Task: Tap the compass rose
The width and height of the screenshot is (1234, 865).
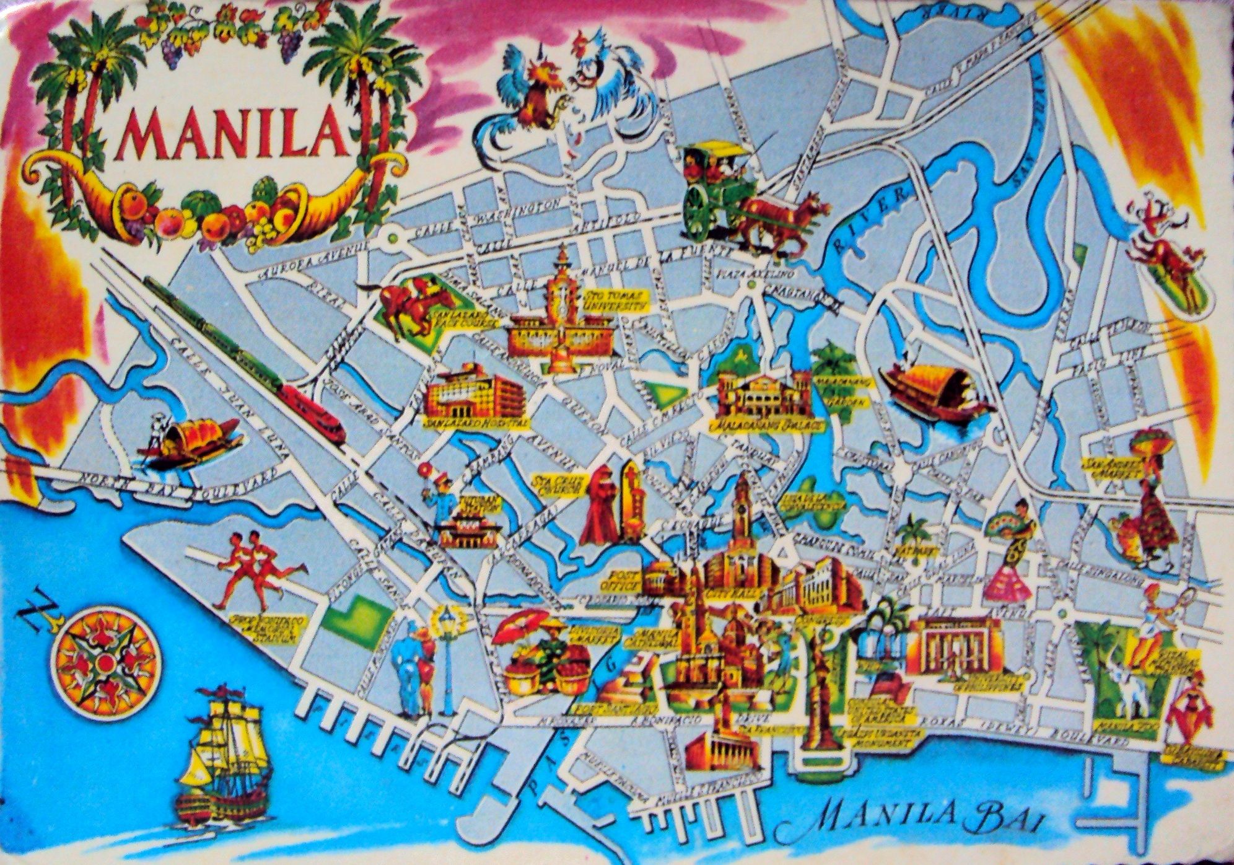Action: (x=106, y=663)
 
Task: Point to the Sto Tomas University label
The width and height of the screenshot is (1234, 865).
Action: (x=613, y=302)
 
